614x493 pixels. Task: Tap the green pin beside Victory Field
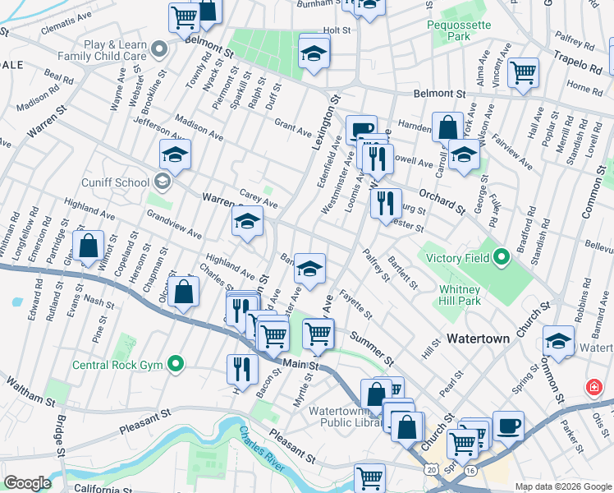[500, 259]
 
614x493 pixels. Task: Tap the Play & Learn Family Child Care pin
[160, 49]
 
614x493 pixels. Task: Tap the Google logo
[27, 483]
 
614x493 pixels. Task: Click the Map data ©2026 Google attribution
[563, 486]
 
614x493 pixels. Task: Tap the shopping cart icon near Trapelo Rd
[523, 72]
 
